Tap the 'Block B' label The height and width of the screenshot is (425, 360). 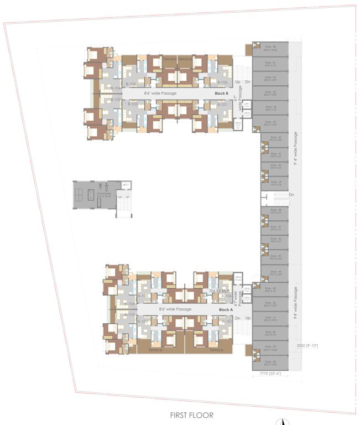(x=221, y=94)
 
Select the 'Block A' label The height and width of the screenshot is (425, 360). (x=226, y=310)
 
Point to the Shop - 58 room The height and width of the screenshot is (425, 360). (x=270, y=49)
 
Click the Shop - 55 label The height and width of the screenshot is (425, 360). (x=270, y=93)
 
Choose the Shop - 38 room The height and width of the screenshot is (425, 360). (x=270, y=363)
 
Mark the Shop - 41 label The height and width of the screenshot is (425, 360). (x=270, y=319)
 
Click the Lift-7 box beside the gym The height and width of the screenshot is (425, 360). (x=126, y=184)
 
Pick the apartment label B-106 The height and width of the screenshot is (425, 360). (x=222, y=82)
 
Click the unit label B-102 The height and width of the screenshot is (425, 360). (x=133, y=104)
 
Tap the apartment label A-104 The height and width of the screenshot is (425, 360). (x=130, y=304)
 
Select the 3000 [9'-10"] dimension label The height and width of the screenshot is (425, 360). (x=307, y=345)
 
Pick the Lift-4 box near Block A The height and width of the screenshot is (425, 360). (x=238, y=277)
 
